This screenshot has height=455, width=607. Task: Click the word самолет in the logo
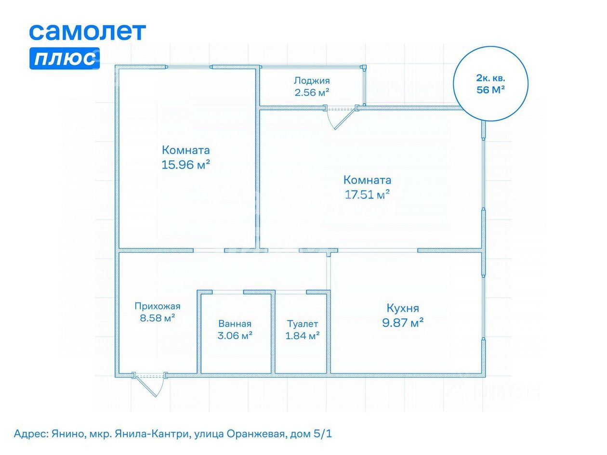[x=87, y=32]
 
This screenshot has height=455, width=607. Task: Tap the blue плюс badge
[x=65, y=58]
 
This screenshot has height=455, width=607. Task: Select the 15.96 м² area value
[x=185, y=165]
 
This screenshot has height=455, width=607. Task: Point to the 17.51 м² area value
[x=367, y=195]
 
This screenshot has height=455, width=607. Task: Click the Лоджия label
[x=312, y=80]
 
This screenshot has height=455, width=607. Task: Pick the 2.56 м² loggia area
[x=312, y=92]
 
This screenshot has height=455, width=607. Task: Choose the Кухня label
[x=403, y=308]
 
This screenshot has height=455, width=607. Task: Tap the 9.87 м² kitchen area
[x=403, y=323]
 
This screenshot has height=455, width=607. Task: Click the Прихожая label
[x=158, y=306]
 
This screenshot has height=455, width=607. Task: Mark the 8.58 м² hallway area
[x=158, y=318]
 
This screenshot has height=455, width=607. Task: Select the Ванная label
[x=235, y=324]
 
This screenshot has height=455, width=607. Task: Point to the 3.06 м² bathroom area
[x=235, y=336]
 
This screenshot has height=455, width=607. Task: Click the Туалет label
[x=302, y=324]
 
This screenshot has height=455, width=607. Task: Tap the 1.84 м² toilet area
[x=302, y=336]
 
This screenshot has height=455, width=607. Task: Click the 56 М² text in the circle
[x=490, y=90]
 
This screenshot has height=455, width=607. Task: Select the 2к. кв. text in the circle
[x=490, y=78]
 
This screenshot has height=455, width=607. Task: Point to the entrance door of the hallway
[x=149, y=385]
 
